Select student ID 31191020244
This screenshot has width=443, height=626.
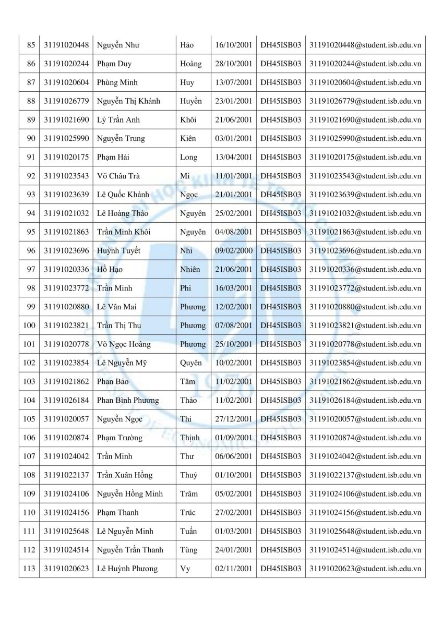click(x=66, y=64)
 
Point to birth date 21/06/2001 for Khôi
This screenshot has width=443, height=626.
click(x=234, y=120)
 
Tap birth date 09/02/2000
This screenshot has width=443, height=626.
click(x=234, y=250)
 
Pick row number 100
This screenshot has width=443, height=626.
click(x=29, y=326)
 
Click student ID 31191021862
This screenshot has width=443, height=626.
click(x=66, y=381)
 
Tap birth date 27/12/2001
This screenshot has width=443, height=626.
click(x=234, y=419)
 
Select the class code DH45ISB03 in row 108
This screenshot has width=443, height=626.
click(x=281, y=475)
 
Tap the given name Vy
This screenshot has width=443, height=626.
click(x=185, y=569)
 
